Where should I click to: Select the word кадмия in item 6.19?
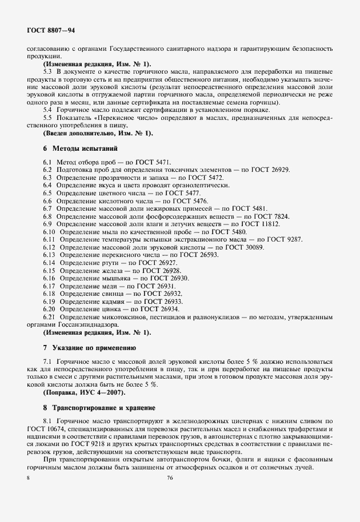[110, 300]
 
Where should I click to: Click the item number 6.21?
[49, 316]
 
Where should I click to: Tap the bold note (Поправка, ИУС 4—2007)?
[83, 393]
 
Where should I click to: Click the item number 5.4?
[48, 109]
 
